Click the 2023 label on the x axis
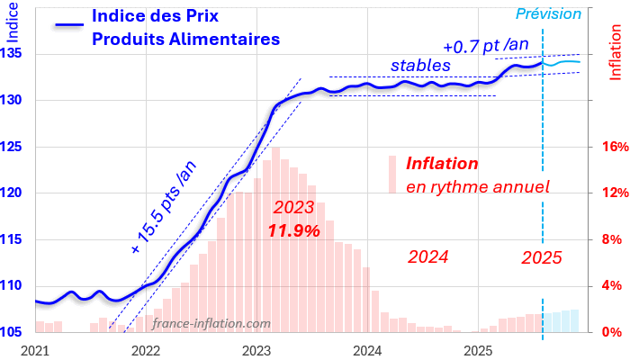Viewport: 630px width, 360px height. (x=257, y=349)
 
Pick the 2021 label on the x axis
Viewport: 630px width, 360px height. (x=35, y=349)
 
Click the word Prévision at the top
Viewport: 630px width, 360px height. (x=548, y=13)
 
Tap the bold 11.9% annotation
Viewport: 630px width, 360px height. (x=294, y=230)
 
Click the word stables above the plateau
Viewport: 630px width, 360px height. (x=419, y=66)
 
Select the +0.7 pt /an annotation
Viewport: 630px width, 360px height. (x=487, y=45)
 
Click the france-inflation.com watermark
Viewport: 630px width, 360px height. (x=211, y=323)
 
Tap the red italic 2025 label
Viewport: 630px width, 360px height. (x=542, y=257)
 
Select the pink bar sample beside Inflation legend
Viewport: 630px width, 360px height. (x=392, y=174)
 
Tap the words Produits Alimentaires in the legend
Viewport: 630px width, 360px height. (x=185, y=39)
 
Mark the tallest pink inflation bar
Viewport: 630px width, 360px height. (x=274, y=239)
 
